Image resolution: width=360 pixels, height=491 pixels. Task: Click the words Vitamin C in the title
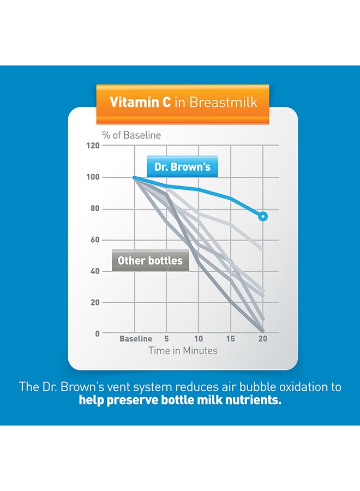140,102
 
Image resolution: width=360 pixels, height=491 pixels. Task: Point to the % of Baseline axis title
131,135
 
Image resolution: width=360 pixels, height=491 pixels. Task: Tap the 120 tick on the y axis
94,146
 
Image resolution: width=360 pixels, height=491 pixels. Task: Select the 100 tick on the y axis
94,177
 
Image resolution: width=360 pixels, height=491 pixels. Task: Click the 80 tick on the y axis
96,208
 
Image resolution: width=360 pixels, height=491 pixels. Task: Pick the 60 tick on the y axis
96,239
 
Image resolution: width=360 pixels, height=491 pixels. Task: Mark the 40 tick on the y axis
96,271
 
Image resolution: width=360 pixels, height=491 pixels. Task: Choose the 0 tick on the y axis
98,333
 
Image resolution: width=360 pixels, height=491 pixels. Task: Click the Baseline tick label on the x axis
136,339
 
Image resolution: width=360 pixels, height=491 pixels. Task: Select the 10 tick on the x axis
199,339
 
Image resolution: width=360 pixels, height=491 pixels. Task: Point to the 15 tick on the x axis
231,339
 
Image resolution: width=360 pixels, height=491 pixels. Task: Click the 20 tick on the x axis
263,339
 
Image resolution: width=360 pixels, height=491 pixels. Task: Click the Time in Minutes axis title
183,351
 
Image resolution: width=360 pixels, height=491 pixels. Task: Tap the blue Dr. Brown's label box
182,167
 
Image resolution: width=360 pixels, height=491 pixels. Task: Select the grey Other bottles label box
150,261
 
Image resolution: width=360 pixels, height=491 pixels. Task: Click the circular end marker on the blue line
263,217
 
